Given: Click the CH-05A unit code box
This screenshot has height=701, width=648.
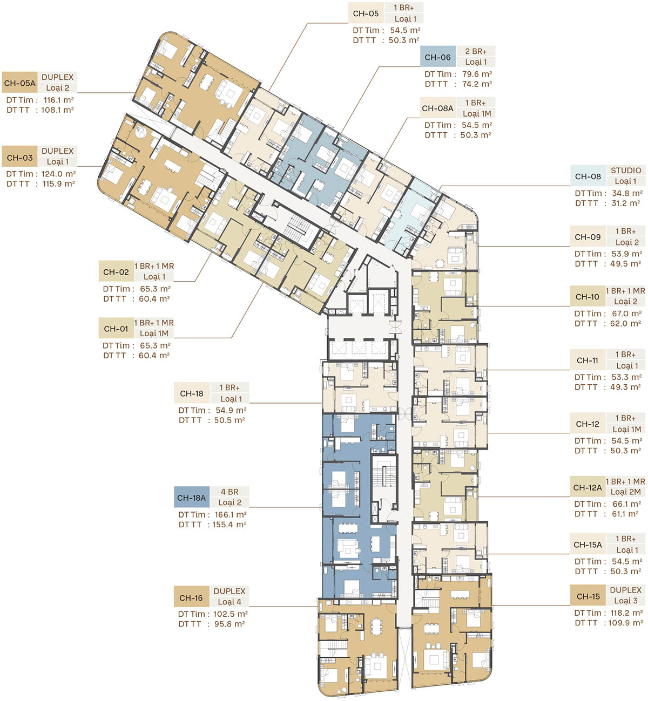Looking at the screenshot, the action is (x=19, y=83).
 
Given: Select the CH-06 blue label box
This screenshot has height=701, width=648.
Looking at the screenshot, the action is (x=438, y=57).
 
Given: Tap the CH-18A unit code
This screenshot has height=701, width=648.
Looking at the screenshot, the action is (x=192, y=498).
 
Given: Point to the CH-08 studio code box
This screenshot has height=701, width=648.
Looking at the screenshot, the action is (x=588, y=176).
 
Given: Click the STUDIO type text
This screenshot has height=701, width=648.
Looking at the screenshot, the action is (x=626, y=171).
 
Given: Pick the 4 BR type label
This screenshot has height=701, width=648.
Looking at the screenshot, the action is (x=230, y=492).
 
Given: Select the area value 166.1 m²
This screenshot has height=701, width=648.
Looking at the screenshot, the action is (x=231, y=515).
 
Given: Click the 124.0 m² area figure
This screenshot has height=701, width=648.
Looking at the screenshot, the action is (x=59, y=174).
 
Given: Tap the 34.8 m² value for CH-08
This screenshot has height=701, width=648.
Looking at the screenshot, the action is (x=627, y=193).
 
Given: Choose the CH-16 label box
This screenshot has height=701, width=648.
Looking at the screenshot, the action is (x=191, y=598).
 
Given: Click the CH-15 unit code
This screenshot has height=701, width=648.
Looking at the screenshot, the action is (x=588, y=596).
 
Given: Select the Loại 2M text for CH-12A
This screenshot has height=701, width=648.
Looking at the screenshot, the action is (x=626, y=492).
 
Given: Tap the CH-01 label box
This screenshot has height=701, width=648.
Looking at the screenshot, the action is (x=116, y=329).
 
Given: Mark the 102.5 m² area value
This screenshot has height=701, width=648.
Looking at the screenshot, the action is (x=231, y=614).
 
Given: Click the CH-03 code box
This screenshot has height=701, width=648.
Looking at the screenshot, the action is (x=19, y=158).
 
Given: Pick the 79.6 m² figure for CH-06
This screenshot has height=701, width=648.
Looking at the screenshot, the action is (x=477, y=74).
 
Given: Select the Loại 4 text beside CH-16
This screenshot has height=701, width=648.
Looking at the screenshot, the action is (x=230, y=602).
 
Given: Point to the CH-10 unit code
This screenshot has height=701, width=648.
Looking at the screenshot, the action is (x=588, y=297).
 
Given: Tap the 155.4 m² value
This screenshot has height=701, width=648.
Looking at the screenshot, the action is (x=230, y=525).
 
